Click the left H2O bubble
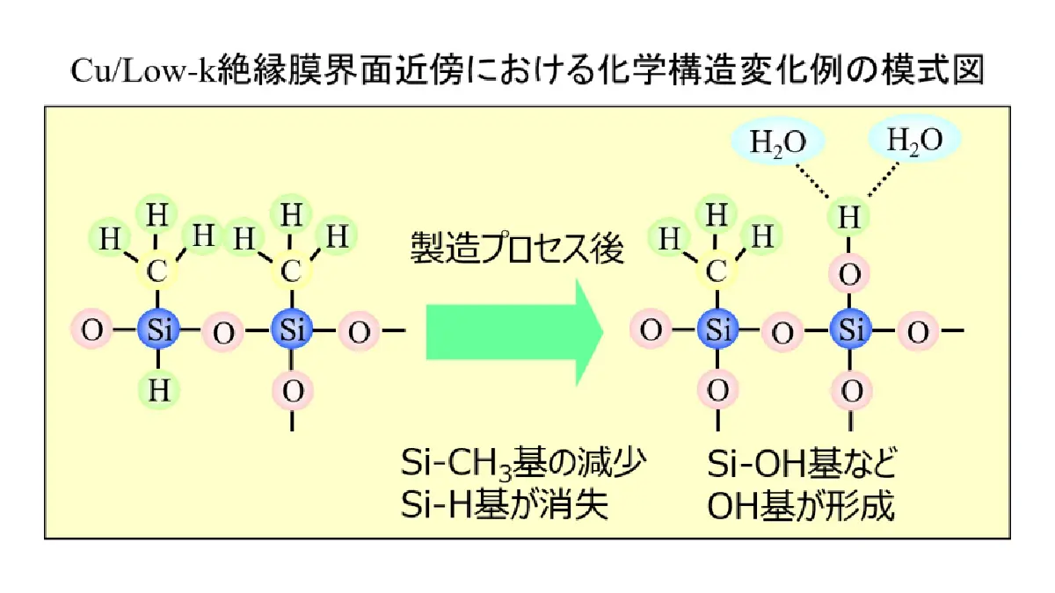tap(778, 141)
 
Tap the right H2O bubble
tap(914, 140)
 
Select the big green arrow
tap(514, 332)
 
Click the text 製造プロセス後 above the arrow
tap(517, 248)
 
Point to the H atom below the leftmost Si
tap(159, 390)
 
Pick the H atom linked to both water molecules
tap(849, 217)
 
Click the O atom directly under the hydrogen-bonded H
tap(849, 274)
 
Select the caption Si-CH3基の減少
tap(523, 464)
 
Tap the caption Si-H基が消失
tap(504, 505)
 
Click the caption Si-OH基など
tap(802, 463)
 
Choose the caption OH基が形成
tap(801, 505)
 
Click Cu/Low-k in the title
tap(143, 70)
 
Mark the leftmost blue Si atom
tap(159, 329)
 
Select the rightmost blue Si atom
tap(850, 329)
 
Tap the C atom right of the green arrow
tap(717, 271)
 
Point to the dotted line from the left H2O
tap(812, 180)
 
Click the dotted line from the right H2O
tap(884, 179)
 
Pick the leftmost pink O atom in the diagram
tap(91, 329)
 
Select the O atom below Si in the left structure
tap(293, 391)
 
